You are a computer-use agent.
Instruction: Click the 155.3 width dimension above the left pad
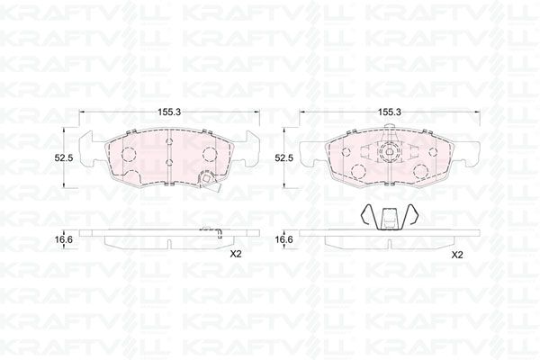click(169, 112)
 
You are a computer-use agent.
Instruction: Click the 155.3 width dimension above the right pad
click(390, 112)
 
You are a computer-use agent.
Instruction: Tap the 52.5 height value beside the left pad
click(64, 158)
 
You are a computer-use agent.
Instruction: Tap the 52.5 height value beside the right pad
click(283, 158)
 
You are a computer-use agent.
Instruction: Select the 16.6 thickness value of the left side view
click(64, 239)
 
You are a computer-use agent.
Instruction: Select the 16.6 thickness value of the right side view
click(283, 239)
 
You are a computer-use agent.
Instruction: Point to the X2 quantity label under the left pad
click(236, 255)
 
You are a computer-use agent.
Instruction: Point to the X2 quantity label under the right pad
click(456, 256)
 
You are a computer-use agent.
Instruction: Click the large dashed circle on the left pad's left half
click(129, 154)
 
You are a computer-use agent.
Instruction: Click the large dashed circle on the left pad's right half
click(210, 154)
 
